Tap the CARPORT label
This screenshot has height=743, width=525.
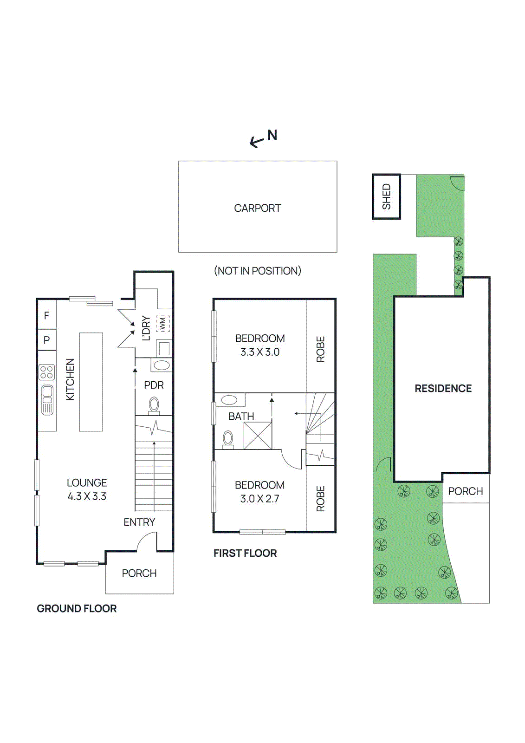pyautogui.click(x=257, y=208)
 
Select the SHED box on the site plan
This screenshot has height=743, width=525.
pyautogui.click(x=386, y=196)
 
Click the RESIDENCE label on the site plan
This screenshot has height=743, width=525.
pyautogui.click(x=443, y=388)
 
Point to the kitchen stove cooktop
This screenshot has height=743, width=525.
pyautogui.click(x=46, y=372)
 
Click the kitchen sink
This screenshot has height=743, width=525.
pyautogui.click(x=47, y=399)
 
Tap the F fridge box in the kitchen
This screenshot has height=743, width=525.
pyautogui.click(x=46, y=316)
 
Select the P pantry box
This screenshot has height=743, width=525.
pyautogui.click(x=46, y=340)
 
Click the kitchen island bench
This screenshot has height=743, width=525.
pyautogui.click(x=91, y=382)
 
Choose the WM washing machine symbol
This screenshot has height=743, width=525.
pyautogui.click(x=162, y=323)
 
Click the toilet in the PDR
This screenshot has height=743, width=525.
pyautogui.click(x=154, y=405)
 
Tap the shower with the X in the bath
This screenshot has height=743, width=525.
pyautogui.click(x=258, y=436)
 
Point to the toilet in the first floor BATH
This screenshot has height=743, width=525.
pyautogui.click(x=228, y=439)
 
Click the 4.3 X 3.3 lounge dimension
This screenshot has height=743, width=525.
pyautogui.click(x=87, y=496)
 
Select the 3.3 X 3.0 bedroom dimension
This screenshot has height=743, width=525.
pyautogui.click(x=259, y=352)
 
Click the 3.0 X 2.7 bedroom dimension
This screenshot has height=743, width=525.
pyautogui.click(x=259, y=499)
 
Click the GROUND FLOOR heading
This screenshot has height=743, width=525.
pyautogui.click(x=77, y=608)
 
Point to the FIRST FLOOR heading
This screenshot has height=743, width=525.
pyautogui.click(x=245, y=553)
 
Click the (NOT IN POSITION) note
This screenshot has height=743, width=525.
pyautogui.click(x=257, y=271)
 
